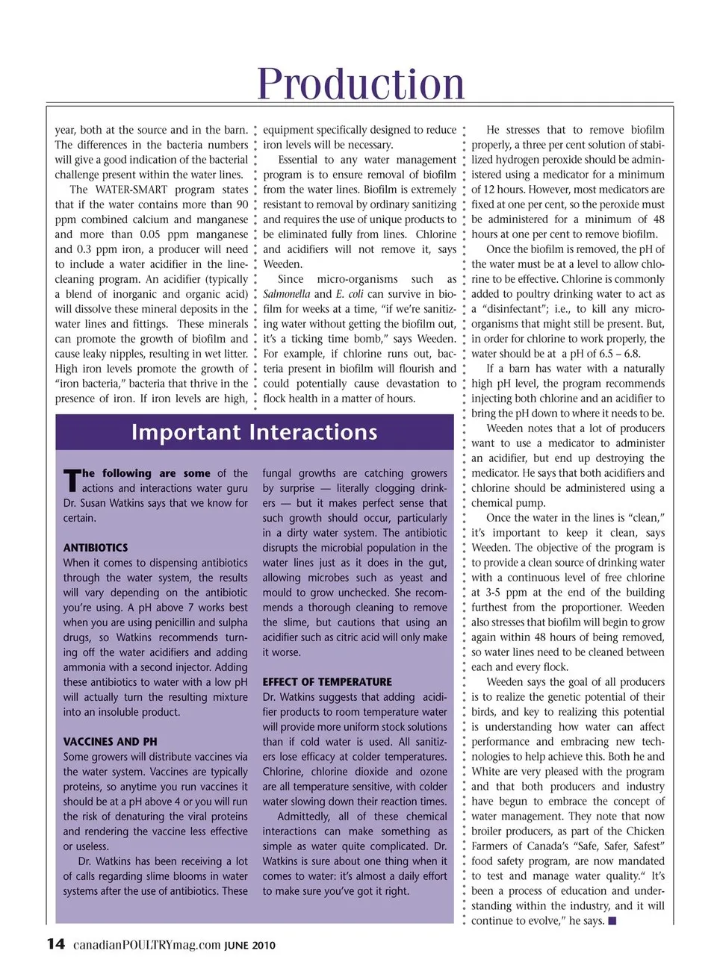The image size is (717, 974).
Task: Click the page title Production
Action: (361, 83)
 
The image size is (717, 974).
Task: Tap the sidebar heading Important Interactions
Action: (254, 432)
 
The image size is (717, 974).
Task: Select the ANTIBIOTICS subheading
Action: (96, 548)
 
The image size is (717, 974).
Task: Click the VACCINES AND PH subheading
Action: (110, 742)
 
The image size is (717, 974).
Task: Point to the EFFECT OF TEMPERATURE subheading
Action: (327, 682)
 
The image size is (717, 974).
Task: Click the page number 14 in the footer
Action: (56, 944)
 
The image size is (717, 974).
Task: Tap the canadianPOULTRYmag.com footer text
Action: (147, 945)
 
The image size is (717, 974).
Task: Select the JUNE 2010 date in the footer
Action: (250, 946)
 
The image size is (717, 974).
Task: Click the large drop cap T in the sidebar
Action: (72, 481)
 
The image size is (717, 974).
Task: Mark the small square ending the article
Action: (612, 921)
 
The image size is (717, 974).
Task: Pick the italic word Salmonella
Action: (287, 294)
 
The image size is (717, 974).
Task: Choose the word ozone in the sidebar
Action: (432, 772)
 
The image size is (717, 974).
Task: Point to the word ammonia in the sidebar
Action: (84, 667)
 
